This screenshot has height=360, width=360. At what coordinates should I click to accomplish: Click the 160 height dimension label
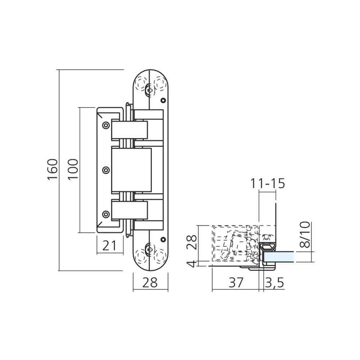point(53,169)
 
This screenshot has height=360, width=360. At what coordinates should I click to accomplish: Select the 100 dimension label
point(73,169)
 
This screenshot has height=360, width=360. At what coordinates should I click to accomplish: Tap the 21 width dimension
point(110,246)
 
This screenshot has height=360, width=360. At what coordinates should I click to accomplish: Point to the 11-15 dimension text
point(267,183)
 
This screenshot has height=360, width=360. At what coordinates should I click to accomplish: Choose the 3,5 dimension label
point(274,283)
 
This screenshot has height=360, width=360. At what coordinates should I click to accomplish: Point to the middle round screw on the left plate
point(105,169)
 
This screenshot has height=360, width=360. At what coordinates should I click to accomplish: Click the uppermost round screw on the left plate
point(105,125)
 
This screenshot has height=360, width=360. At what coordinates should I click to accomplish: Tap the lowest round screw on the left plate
point(105,214)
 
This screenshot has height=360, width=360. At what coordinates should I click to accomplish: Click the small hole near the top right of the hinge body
point(163,100)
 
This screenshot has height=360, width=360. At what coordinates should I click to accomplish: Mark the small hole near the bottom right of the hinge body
point(163,239)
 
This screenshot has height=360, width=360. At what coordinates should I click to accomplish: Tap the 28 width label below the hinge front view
point(150,283)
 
